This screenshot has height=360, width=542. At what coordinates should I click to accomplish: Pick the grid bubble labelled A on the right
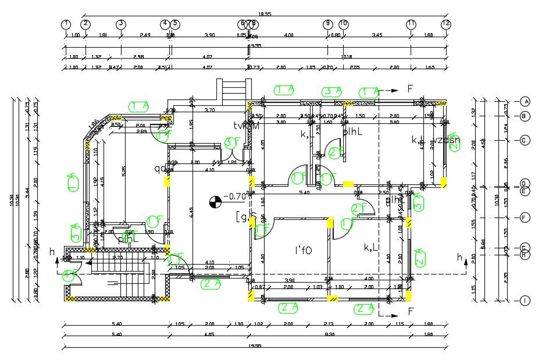point(525,101)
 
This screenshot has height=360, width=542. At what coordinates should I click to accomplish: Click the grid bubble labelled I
point(525,301)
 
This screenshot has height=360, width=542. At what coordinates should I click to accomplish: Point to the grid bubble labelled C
point(525,141)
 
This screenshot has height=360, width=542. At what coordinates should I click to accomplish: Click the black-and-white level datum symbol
point(215,202)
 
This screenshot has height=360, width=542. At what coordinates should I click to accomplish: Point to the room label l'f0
point(303,251)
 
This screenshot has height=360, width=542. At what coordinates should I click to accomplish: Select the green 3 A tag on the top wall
point(332,91)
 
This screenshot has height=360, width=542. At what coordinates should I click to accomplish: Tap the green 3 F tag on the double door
point(232,142)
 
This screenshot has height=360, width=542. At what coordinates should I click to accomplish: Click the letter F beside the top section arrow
point(409,89)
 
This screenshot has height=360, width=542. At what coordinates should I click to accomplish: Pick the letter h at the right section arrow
point(459,257)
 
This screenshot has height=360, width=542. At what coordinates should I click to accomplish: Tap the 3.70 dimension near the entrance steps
point(211,110)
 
